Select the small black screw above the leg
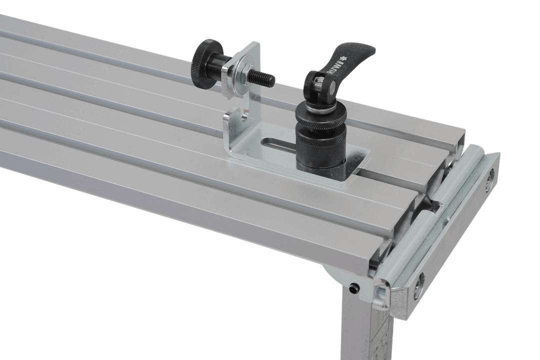pyautogui.click(x=353, y=288)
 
